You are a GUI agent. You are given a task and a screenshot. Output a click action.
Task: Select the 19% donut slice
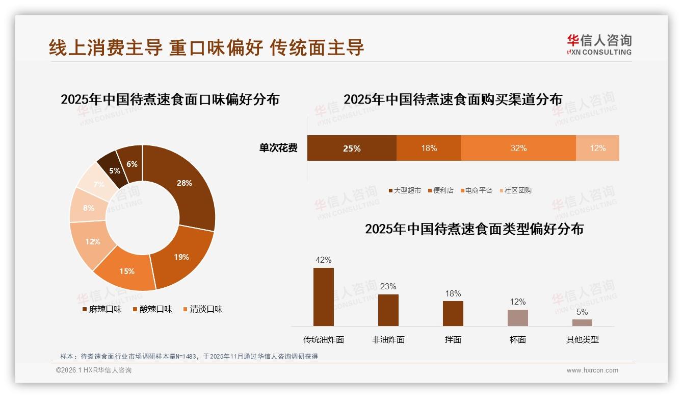[x=181, y=256]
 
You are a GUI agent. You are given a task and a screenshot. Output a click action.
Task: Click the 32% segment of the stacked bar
[x=518, y=148]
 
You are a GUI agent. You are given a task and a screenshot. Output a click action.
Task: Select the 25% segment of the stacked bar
[x=352, y=148]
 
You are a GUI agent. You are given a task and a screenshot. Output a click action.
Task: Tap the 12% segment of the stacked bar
[x=597, y=148]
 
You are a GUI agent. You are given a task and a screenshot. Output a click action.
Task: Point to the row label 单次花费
[x=278, y=148]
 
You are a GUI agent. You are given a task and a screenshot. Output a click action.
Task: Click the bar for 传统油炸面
[x=324, y=297]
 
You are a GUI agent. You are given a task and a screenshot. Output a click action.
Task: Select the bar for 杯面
[x=517, y=317]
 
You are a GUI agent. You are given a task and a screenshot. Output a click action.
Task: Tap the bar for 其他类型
[x=582, y=322]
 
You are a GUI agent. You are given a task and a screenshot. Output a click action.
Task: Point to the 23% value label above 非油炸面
[x=388, y=287]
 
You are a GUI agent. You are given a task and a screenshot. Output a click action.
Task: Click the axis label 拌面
[x=453, y=340]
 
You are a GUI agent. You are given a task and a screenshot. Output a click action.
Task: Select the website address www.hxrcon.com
[x=592, y=370]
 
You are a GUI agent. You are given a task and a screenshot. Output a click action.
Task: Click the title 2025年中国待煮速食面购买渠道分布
[x=453, y=99]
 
